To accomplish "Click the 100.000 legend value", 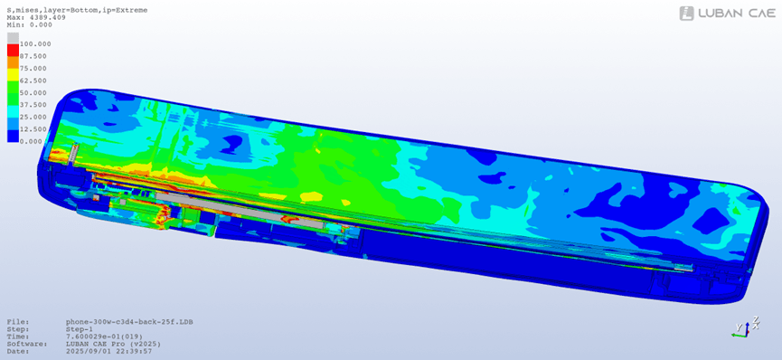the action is point(35,44).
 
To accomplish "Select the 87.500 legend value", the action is point(33,56).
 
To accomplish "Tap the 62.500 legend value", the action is point(33,81).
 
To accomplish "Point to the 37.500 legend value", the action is point(33,105).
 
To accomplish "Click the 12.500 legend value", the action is point(33,128).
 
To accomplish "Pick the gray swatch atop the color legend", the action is point(13,38).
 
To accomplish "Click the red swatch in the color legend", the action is point(13,50).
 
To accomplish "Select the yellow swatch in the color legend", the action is point(13,74).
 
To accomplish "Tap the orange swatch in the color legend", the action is point(13,62).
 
